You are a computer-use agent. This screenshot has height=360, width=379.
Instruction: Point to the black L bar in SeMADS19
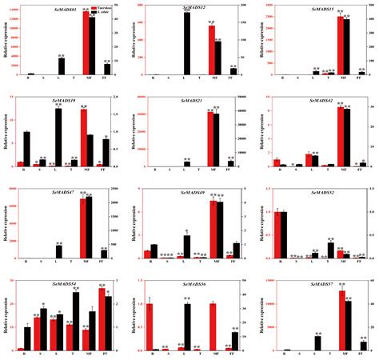point(59,137)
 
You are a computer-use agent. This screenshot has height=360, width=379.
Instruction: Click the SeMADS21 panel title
point(190,101)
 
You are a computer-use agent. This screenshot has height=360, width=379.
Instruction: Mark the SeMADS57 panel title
point(320,283)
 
